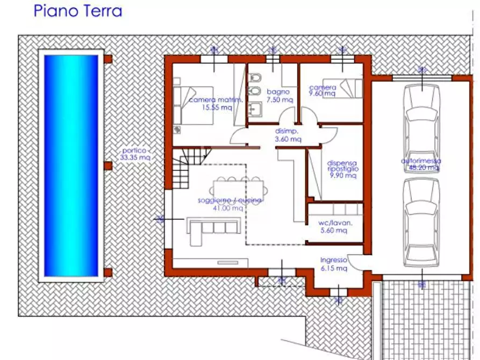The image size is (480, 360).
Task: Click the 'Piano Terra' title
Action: (x=78, y=11)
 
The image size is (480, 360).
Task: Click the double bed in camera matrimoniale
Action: (x=194, y=104)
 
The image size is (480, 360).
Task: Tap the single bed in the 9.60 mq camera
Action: (x=349, y=86)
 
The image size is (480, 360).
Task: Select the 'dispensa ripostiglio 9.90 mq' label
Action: (x=342, y=169)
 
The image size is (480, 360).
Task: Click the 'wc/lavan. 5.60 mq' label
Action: (x=334, y=227)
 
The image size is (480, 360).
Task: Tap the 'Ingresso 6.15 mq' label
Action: (x=334, y=264)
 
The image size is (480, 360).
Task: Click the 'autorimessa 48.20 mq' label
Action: (x=421, y=164)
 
